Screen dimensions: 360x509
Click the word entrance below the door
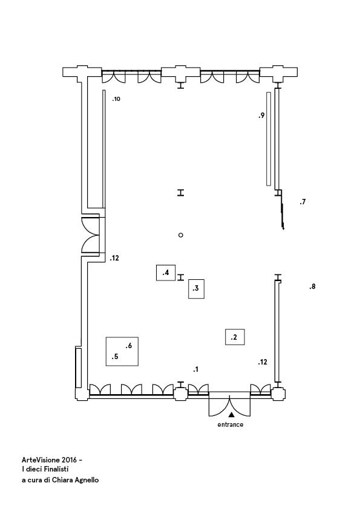[x=230, y=424]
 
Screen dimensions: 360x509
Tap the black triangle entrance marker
[x=231, y=415]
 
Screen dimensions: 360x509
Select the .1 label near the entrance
[x=195, y=369]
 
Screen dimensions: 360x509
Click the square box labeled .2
[x=235, y=337]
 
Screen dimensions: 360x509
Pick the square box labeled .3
[x=196, y=288]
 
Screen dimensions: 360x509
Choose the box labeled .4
[x=166, y=273]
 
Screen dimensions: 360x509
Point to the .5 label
[x=115, y=357]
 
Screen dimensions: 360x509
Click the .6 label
[x=129, y=346]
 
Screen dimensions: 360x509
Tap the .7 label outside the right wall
[x=303, y=202]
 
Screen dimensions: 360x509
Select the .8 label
[x=312, y=287]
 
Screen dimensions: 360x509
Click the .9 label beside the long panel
[x=261, y=115]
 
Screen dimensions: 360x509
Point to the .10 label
[x=116, y=99]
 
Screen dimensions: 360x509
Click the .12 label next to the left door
[x=114, y=258]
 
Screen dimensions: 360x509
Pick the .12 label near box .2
[x=263, y=362]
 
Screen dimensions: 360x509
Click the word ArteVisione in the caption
[x=41, y=460]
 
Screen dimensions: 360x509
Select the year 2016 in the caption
[x=69, y=460]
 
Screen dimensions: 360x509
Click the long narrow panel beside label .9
[x=269, y=139]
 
